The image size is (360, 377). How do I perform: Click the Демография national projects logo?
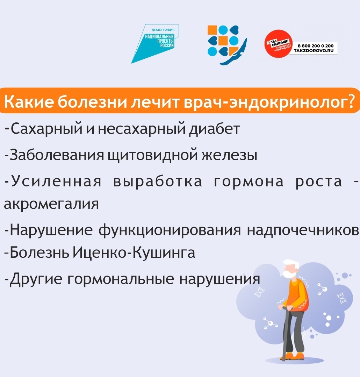[155, 43]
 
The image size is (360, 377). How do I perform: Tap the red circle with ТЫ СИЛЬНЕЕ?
[278, 44]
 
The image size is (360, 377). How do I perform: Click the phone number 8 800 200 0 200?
[316, 46]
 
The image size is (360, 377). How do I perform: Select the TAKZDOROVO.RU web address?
[314, 51]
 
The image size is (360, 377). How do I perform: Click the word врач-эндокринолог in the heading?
[269, 102]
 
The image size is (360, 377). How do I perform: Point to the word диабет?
[214, 129]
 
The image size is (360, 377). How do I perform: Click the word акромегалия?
[51, 204]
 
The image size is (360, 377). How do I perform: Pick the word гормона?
[249, 182]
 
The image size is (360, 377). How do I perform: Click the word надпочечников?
[303, 230]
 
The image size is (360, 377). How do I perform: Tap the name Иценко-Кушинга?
[134, 252]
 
